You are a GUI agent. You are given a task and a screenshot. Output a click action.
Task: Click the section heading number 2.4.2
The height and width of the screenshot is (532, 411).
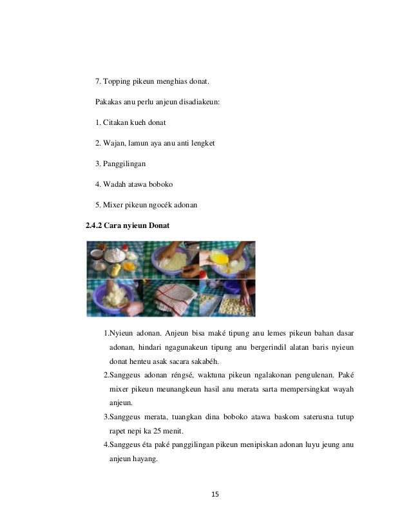point(94,226)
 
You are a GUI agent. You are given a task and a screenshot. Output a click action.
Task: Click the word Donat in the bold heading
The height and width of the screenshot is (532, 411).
point(158,226)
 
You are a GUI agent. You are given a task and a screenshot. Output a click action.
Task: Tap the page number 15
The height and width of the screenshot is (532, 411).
point(215,494)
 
